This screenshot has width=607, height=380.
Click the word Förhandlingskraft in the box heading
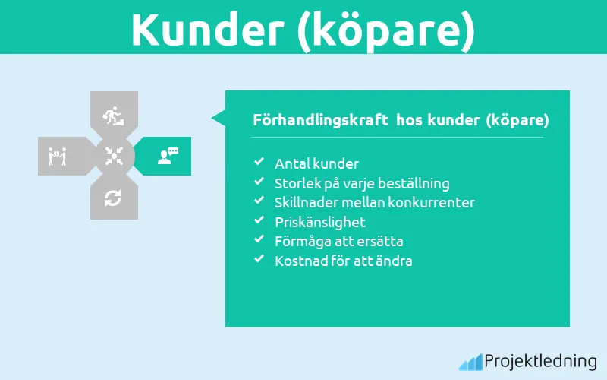pos(319,120)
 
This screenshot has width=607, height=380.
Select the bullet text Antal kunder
pos(316,163)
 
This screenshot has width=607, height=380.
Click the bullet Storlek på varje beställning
pos(362,183)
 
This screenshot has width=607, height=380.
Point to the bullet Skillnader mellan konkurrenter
pos(375,202)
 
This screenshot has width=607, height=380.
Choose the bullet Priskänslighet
pos(319,222)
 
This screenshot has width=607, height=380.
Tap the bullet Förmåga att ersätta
pos(338,242)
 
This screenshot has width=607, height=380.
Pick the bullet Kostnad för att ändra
pos(343,261)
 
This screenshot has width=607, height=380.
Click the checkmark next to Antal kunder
pos(259,163)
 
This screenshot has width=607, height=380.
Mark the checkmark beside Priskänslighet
pos(259,221)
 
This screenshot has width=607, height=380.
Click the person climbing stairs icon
pos(113,116)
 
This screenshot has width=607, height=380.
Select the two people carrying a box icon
pos(58,156)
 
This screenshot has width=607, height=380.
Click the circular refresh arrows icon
pos(113,198)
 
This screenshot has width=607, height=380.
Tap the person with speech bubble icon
pos(168,156)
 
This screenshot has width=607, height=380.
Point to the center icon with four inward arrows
pos(113,156)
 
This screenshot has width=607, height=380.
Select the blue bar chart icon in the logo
pos(470,363)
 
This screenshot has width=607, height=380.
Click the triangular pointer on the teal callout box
pos(219,118)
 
